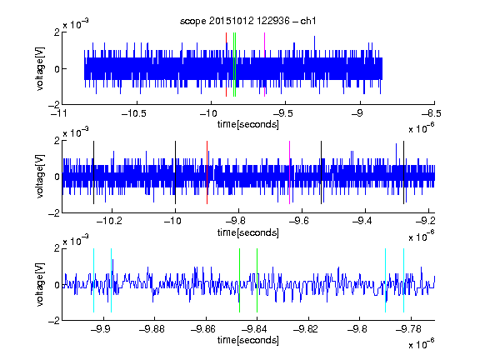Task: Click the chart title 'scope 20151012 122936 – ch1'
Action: click(x=247, y=21)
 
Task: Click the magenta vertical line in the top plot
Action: click(x=264, y=65)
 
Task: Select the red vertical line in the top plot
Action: click(x=226, y=65)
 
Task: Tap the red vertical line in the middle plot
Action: click(x=207, y=172)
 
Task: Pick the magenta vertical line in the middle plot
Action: click(x=290, y=172)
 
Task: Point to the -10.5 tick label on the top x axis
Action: click(x=134, y=113)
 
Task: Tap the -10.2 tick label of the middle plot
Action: click(x=109, y=221)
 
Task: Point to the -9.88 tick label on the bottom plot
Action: click(x=152, y=329)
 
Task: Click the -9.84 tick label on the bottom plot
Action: click(x=254, y=329)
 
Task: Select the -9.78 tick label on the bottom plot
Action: click(x=408, y=329)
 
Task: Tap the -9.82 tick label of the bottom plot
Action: click(x=306, y=329)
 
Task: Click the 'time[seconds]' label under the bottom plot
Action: click(x=248, y=340)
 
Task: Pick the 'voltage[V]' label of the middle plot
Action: click(x=40, y=177)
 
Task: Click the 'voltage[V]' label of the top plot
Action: click(x=40, y=68)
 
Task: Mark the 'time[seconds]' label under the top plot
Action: click(x=248, y=124)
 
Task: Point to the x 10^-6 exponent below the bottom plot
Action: click(x=422, y=343)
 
